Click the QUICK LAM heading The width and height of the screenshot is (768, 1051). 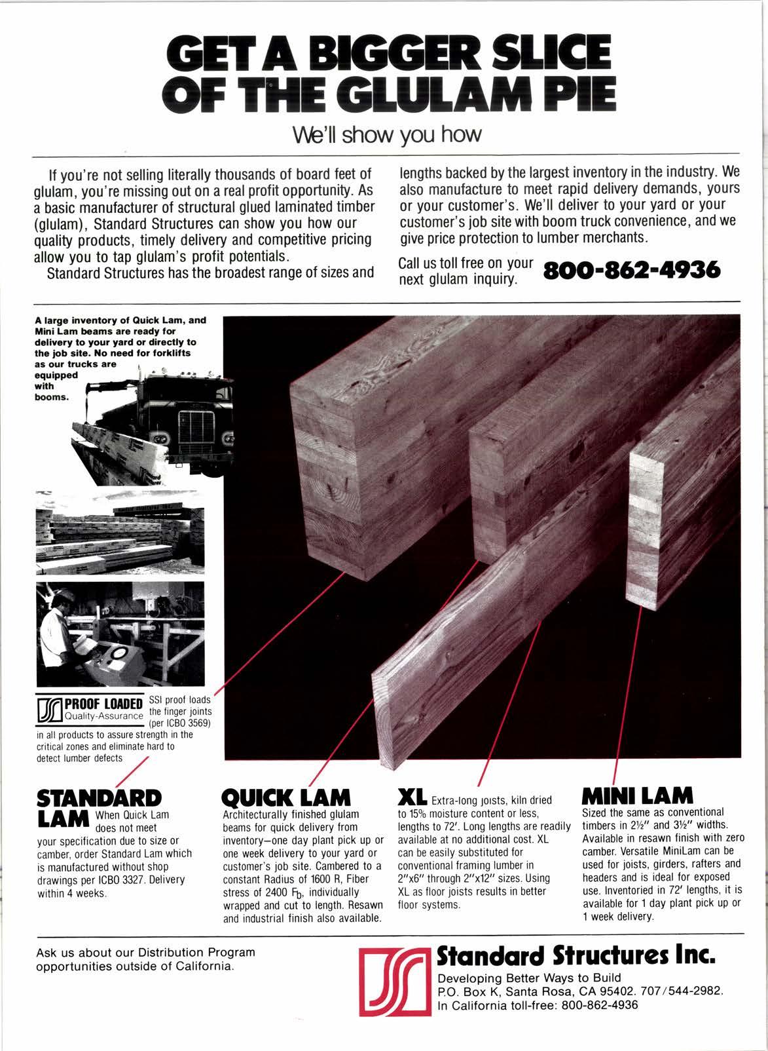pos(287,797)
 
